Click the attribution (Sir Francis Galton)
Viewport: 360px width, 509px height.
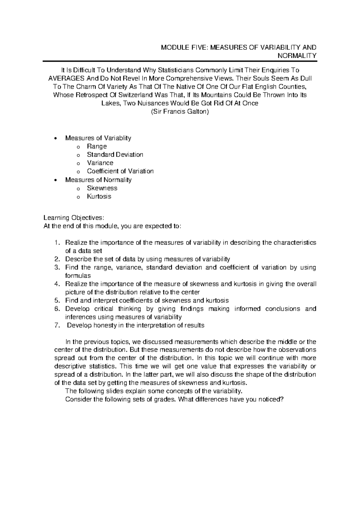(x=180, y=112)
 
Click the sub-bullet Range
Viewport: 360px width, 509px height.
(x=97, y=146)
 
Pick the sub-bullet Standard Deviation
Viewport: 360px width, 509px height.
(x=115, y=155)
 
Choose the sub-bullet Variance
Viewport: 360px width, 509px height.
(x=100, y=163)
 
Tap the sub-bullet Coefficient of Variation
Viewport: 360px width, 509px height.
(x=120, y=171)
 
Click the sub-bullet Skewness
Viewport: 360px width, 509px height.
(x=102, y=188)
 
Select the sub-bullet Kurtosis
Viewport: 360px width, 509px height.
(x=99, y=197)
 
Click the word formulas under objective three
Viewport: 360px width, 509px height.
(x=78, y=276)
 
